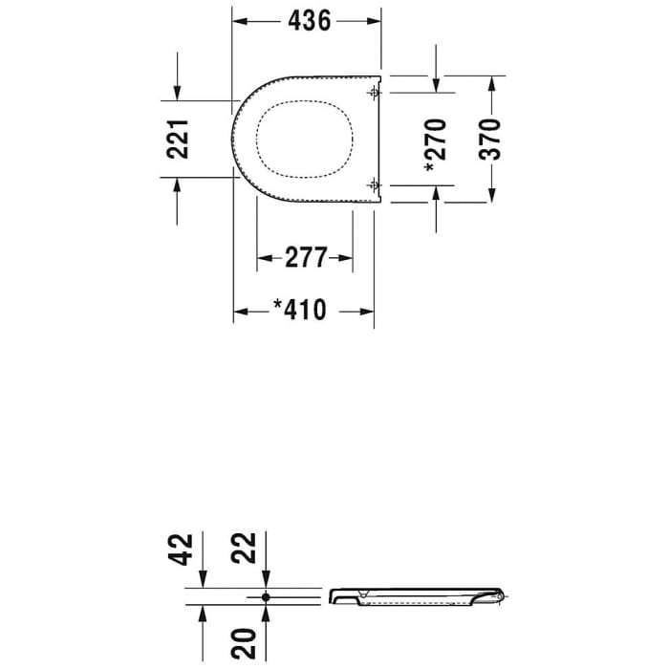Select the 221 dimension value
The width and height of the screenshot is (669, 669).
point(179,139)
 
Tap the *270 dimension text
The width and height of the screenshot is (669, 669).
point(436,143)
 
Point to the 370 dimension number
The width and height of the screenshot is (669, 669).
point(489,140)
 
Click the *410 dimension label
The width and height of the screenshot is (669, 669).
point(299,310)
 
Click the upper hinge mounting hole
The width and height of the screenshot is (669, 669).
point(374,93)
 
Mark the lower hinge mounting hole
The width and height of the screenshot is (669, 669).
point(374,183)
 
